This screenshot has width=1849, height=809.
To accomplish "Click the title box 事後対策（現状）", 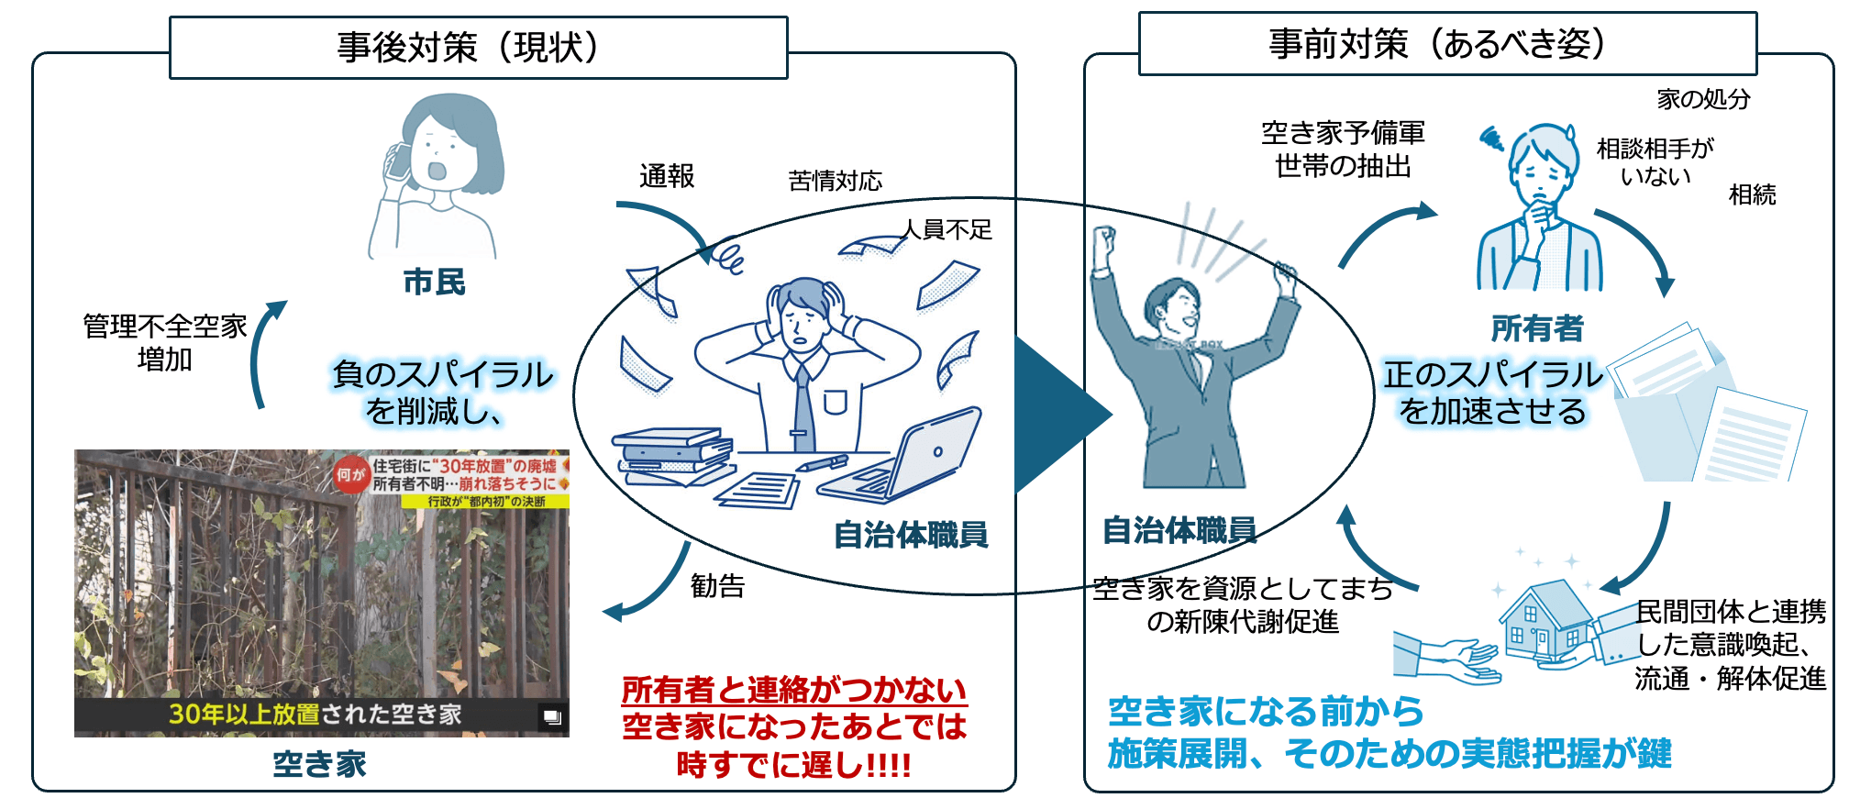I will click(478, 48).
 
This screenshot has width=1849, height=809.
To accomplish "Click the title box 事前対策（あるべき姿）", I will click(1446, 44).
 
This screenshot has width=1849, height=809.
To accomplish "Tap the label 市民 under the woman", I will click(435, 282).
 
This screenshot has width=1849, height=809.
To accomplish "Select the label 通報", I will click(667, 176).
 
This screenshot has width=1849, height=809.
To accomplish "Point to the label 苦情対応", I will click(835, 181).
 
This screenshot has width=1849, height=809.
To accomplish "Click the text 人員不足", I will click(947, 229).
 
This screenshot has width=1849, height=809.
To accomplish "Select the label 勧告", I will click(717, 585).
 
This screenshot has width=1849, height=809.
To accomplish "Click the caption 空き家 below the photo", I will click(319, 764).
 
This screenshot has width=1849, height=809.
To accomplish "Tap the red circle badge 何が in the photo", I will click(350, 474).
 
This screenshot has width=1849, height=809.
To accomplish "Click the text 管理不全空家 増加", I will click(165, 342).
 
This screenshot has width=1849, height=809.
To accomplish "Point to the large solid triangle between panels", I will click(1059, 415).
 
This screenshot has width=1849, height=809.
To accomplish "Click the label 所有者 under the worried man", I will click(1537, 327).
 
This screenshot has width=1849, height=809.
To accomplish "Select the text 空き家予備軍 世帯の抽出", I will click(1343, 150).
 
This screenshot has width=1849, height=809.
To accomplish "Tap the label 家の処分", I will click(1703, 98).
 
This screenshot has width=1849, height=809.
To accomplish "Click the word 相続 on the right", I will click(1752, 194).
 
